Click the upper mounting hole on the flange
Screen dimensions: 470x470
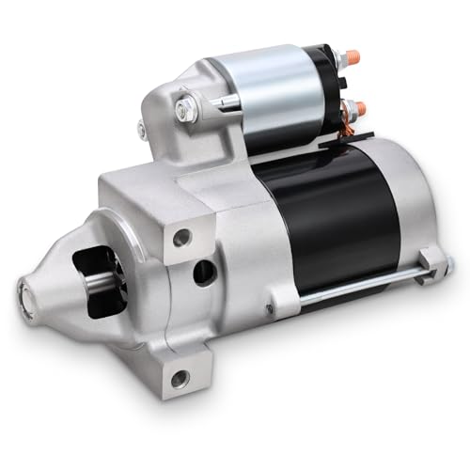[180, 238]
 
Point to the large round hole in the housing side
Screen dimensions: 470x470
[204, 273]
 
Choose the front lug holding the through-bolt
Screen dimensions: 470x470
[273, 306]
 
